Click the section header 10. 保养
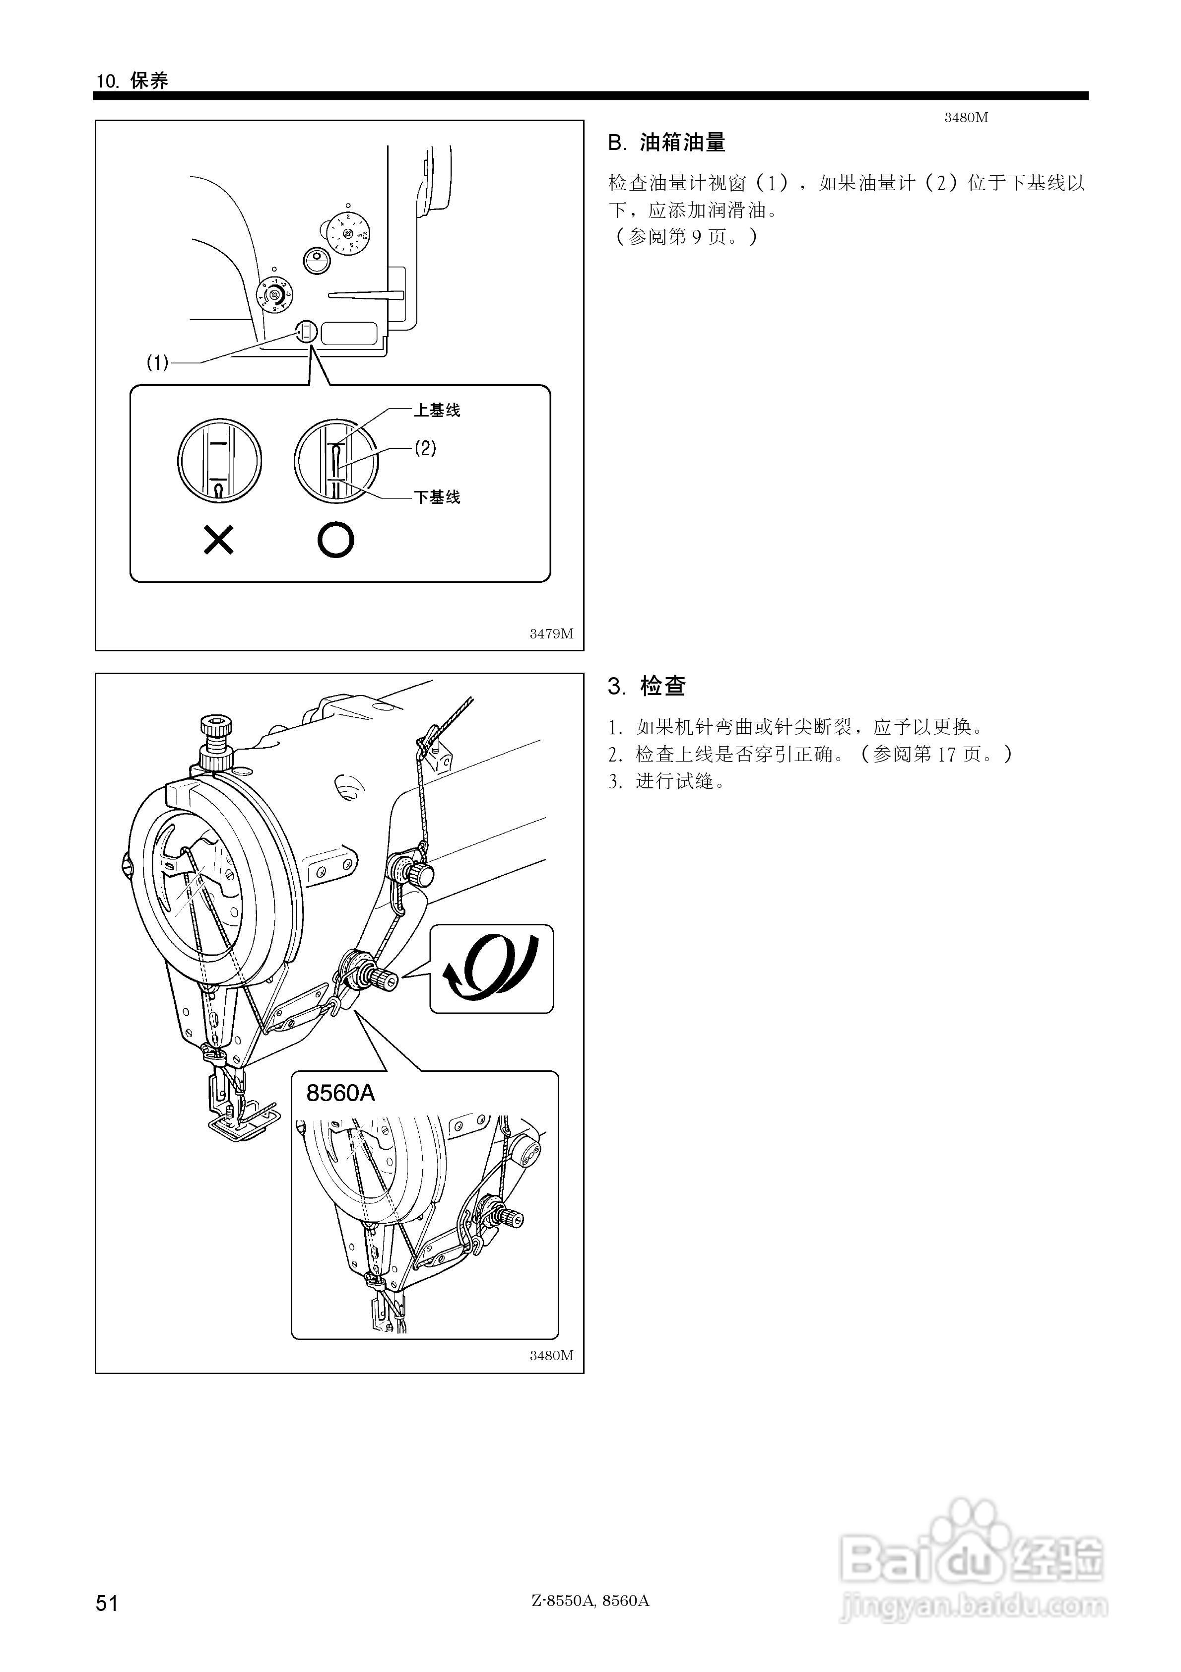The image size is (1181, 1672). tap(132, 81)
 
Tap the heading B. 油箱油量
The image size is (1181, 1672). tap(666, 143)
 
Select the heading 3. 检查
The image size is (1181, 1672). tap(647, 686)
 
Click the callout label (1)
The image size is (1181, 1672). tap(157, 362)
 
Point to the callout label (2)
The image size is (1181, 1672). tap(425, 448)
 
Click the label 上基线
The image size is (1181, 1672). tap(437, 411)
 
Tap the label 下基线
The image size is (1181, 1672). tap(437, 497)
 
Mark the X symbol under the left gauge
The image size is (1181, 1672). tap(218, 540)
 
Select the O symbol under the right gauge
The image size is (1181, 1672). tap(335, 540)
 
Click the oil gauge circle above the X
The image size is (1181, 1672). tap(219, 460)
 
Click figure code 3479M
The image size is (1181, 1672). tap(551, 633)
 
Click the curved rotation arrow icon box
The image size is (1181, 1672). tap(491, 969)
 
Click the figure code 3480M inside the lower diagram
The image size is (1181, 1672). tap(551, 1355)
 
